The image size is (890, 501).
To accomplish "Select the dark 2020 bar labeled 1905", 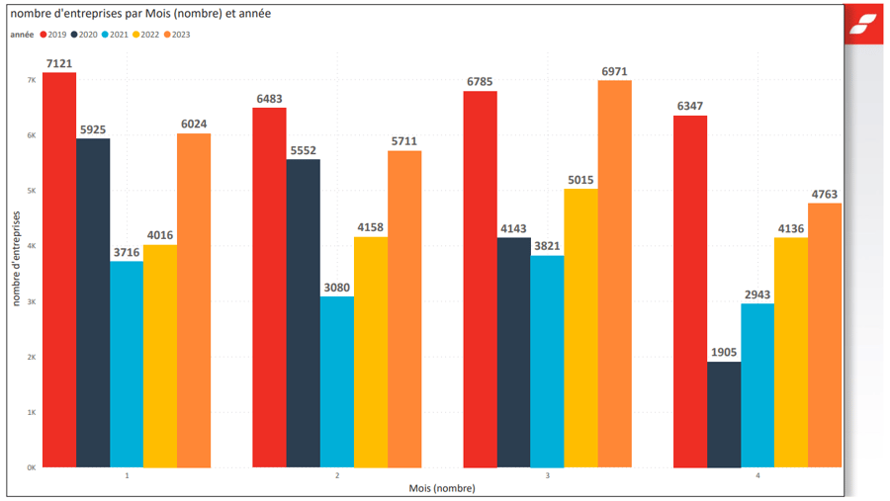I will click(724, 414).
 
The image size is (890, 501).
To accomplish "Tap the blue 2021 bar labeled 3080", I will click(336, 381).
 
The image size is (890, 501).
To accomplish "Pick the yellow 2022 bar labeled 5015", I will click(580, 327).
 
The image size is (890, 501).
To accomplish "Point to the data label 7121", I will click(59, 64).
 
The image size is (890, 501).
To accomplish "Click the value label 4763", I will click(825, 194).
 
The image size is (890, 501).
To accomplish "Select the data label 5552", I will click(303, 150).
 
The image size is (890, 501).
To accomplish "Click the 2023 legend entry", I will click(176, 35).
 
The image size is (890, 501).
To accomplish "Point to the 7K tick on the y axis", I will click(31, 80).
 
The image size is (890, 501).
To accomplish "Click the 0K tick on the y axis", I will click(31, 467).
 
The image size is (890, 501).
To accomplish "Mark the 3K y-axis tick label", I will click(31, 301).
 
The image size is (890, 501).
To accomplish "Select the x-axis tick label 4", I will click(758, 476).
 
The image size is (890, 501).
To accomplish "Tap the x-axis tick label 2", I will click(337, 476).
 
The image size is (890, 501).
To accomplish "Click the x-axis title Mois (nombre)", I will click(442, 488).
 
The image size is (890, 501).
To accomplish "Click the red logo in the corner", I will click(865, 24).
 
